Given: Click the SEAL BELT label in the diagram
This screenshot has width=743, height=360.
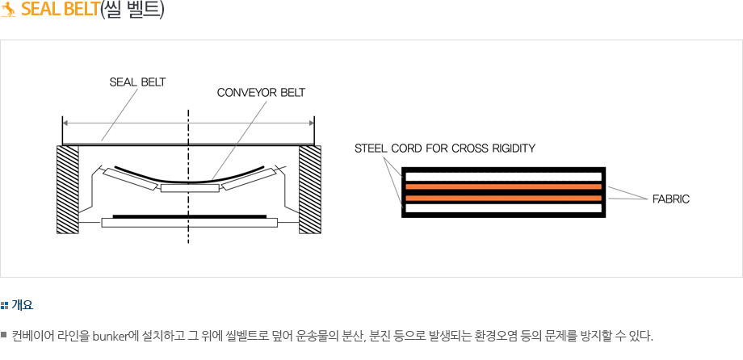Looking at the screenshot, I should pos(137,82).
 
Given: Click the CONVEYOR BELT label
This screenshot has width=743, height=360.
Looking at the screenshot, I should pos(261,92).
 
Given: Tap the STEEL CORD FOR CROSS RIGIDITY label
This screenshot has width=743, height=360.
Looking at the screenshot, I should pos(445,149).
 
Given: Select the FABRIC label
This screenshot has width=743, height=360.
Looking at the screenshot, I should pos(670,198).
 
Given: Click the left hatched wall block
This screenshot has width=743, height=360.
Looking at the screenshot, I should pos(68,189).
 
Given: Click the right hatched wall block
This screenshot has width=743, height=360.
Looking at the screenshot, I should pos(309,189).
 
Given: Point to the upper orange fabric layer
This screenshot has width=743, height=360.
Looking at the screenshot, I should pos(503,186).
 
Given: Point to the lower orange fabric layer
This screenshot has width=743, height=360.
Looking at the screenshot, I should pos(503,198).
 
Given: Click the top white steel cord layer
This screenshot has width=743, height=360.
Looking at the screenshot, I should pos(503,176).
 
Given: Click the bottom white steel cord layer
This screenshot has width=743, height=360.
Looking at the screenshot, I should pos(503,208).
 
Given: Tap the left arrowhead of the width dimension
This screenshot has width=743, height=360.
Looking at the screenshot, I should pos(65,123).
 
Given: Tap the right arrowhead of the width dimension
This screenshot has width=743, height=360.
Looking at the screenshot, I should pos(311,123).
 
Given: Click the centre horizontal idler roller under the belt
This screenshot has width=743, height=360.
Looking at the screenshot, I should pos(189,188).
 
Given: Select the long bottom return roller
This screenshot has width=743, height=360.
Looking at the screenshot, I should pos(189,223).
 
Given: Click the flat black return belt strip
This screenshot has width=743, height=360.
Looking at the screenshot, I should pos(189,216).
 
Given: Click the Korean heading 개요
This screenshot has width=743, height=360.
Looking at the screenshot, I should pos(22,305).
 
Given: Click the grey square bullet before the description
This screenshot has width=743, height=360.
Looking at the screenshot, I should pos(4,334).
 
